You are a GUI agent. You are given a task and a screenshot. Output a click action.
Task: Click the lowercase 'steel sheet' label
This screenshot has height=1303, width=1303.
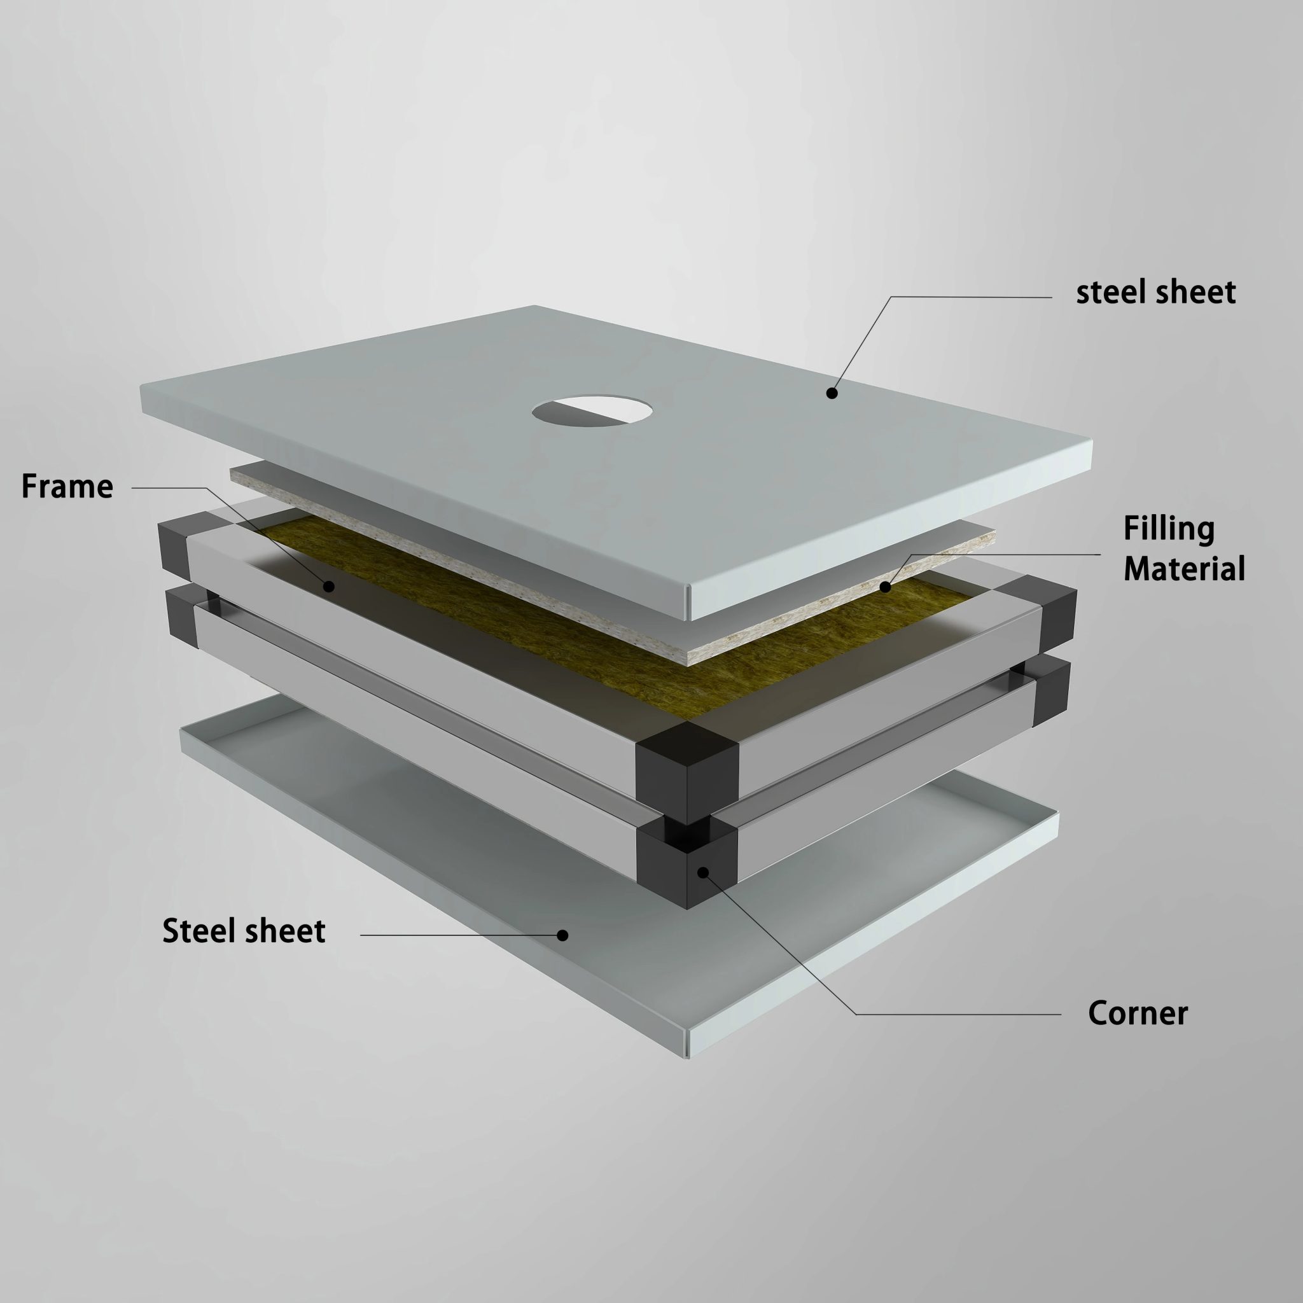coord(1155,292)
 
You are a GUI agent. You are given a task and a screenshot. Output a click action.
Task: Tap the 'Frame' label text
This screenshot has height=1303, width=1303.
coord(67,486)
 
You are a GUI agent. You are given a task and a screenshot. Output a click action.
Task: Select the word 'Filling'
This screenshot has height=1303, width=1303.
coord(1169,529)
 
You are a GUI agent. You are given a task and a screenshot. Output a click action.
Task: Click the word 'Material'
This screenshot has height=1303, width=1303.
coord(1184,569)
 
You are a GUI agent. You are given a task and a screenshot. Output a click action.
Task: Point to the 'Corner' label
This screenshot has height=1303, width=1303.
coord(1138,1032)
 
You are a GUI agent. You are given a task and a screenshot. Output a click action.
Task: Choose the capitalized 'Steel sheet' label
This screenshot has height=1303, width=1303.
coord(244,931)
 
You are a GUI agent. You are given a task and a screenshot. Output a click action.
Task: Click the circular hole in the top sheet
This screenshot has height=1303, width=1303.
coord(592,412)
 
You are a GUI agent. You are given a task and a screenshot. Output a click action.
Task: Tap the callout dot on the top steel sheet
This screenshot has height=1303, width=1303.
coord(832,393)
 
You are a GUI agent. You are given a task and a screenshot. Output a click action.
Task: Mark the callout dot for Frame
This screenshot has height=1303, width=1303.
coord(328,586)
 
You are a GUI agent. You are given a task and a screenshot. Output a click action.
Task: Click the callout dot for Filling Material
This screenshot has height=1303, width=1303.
coord(886,587)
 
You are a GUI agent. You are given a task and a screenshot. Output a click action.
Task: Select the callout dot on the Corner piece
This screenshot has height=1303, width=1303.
coord(703,873)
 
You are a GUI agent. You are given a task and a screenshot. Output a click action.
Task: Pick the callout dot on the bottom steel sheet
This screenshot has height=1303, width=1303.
coord(562,935)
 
